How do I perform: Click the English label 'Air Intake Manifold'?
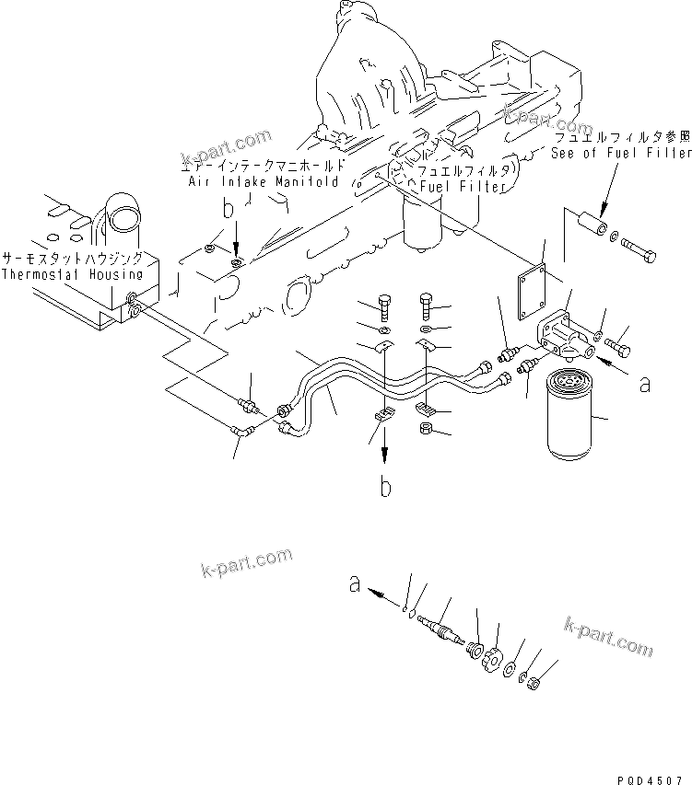[x=257, y=182]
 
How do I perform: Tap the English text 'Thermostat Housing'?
[x=72, y=274]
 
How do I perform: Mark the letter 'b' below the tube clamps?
[x=385, y=486]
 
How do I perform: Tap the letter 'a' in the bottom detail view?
[x=354, y=582]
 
